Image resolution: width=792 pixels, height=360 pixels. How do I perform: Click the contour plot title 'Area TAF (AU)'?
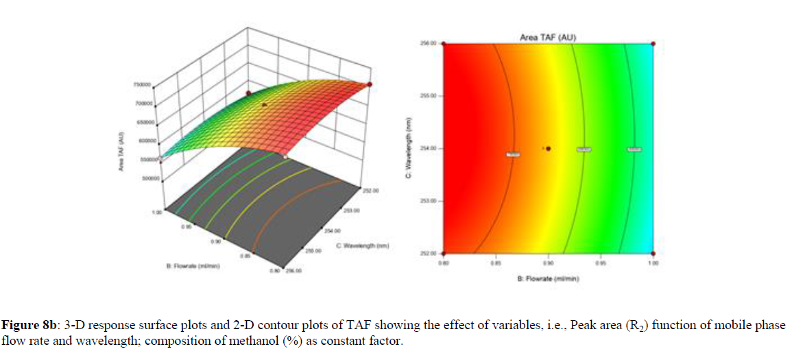[548, 37]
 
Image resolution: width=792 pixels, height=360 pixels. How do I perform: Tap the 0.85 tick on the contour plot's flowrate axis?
[496, 262]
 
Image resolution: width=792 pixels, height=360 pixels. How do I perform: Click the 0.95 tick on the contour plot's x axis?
[601, 262]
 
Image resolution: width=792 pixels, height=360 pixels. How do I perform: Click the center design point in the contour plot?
[549, 148]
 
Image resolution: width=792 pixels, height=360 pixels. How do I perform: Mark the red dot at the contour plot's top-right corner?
[653, 44]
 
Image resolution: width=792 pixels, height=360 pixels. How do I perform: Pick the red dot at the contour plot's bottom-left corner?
[444, 253]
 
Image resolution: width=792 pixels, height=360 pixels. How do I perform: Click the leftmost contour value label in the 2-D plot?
[513, 154]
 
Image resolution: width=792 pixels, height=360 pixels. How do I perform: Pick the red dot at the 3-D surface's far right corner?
[370, 84]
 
